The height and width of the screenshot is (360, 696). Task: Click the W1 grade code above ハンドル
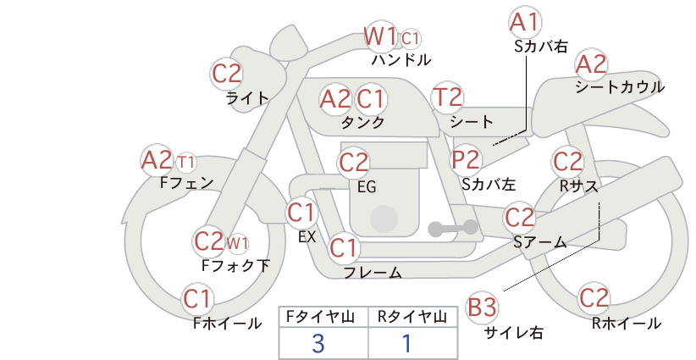tap(379, 36)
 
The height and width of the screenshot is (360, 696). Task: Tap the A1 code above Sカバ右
tap(525, 22)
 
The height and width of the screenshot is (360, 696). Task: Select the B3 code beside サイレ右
tap(482, 307)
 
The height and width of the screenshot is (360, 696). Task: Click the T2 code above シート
tap(447, 97)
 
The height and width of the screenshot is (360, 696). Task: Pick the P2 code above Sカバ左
tap(466, 159)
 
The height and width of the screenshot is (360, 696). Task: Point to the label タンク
tap(362, 122)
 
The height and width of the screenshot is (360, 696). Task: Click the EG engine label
tap(367, 187)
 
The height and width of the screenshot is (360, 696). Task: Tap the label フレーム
tap(373, 272)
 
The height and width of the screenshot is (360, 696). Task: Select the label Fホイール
tap(227, 324)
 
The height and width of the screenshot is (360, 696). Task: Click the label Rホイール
tap(627, 324)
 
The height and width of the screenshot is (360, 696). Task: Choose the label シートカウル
tap(620, 86)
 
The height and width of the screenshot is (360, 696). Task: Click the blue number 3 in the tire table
tap(318, 344)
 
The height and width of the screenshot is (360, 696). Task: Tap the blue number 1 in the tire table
tap(406, 344)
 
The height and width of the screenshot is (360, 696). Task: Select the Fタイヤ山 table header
tap(320, 317)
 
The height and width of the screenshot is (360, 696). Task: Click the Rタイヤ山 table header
tap(412, 317)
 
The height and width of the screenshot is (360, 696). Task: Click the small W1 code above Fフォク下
tap(237, 243)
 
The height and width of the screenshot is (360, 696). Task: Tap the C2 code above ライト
tap(227, 74)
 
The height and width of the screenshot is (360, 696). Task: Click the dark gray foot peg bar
tap(453, 229)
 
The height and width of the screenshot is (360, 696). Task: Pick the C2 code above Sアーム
tap(519, 218)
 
